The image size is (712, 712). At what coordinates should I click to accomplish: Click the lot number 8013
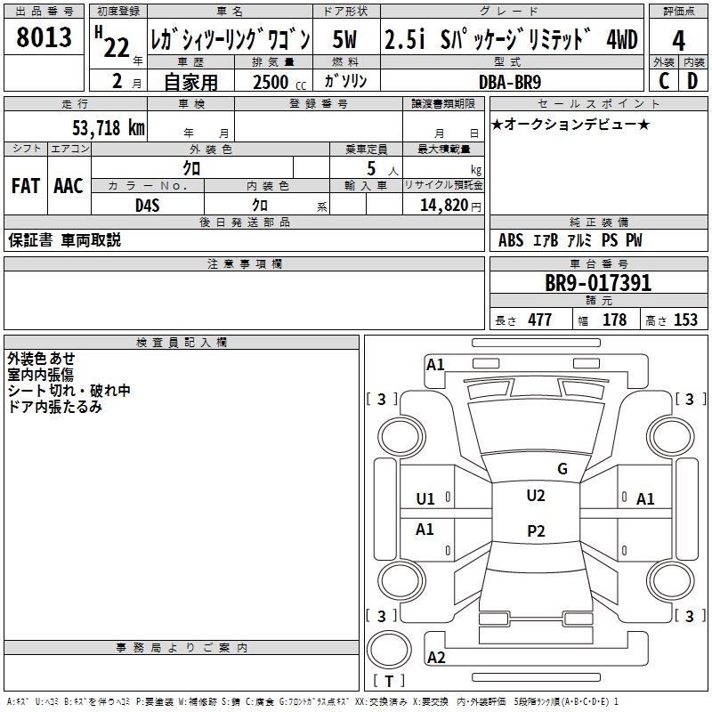pos(44,38)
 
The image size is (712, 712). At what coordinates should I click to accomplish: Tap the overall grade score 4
pos(678,40)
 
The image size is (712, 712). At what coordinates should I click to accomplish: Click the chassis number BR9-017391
pos(598,284)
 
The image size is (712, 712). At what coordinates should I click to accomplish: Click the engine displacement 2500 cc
pos(271,82)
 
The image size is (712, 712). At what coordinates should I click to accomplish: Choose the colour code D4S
pos(148,205)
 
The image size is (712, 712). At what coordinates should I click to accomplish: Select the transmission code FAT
pos(25,186)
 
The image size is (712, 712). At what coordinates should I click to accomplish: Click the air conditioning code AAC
pos(69,186)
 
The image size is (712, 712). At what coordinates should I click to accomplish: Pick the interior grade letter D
pos(692,81)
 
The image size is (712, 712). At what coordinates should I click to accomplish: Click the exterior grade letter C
pos(664,81)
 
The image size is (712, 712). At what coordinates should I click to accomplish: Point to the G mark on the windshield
pos(562,469)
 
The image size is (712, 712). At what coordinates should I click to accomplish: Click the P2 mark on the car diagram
pos(536,531)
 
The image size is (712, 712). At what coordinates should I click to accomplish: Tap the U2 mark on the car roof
pos(536,496)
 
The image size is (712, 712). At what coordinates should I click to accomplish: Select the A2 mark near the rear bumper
pos(436,658)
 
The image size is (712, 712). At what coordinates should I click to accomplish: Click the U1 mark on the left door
pos(425,499)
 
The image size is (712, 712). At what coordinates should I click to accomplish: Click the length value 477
pos(539,320)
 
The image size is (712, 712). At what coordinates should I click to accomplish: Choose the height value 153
pos(685,320)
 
